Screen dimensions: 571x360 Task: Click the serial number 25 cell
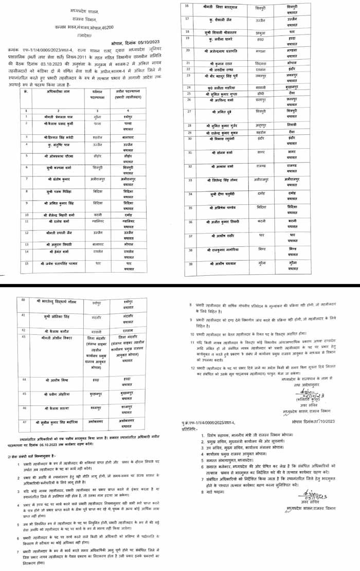(x=188, y=94)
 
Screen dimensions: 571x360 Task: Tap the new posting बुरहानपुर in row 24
(x=293, y=88)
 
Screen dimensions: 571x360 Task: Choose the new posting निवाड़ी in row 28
(x=293, y=125)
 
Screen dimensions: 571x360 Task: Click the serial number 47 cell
(x=23, y=420)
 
